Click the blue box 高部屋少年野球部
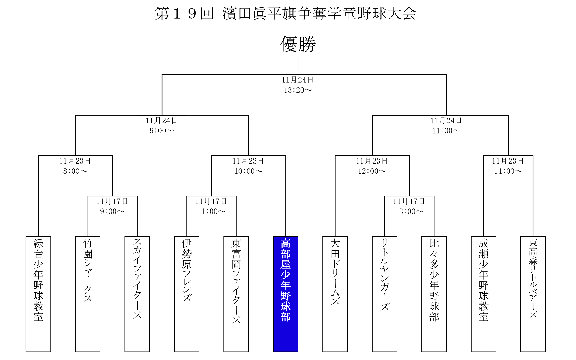pyautogui.click(x=286, y=294)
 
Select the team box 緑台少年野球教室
pyautogui.click(x=38, y=294)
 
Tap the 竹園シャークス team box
pyautogui.click(x=88, y=294)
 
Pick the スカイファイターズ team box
pyautogui.click(x=137, y=294)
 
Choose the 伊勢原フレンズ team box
pyautogui.click(x=187, y=294)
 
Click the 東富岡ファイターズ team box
pyautogui.click(x=236, y=294)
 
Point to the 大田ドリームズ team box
pyautogui.click(x=335, y=294)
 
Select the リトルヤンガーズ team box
pyautogui.click(x=385, y=294)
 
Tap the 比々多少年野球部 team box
pyautogui.click(x=434, y=294)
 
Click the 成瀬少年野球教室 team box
pyautogui.click(x=484, y=294)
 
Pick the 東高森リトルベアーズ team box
pyautogui.click(x=533, y=294)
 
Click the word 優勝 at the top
pyautogui.click(x=298, y=44)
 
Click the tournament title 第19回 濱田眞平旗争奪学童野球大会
pyautogui.click(x=286, y=13)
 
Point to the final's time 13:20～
pyautogui.click(x=298, y=90)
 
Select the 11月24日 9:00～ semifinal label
pyautogui.click(x=162, y=125)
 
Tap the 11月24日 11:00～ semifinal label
pyautogui.click(x=446, y=125)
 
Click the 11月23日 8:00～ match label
pyautogui.click(x=75, y=166)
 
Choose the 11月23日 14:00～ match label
pyautogui.click(x=508, y=166)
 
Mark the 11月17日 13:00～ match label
pyautogui.click(x=409, y=206)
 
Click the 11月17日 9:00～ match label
pyautogui.click(x=112, y=206)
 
